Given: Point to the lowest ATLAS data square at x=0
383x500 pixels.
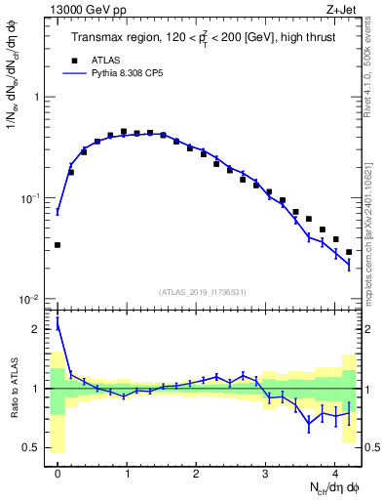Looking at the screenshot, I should [57, 244].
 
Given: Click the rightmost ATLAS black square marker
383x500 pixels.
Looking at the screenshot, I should [349, 252].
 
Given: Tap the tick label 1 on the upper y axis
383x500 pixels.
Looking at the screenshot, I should [38, 98].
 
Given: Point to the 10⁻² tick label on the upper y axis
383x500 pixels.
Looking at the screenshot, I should [32, 298].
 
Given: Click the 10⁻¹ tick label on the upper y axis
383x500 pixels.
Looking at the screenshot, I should [32, 197].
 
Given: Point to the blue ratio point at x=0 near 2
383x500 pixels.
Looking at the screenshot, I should [57, 327].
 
